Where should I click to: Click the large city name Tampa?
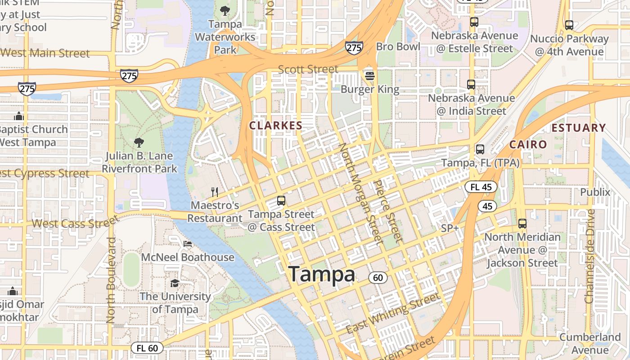point(321,274)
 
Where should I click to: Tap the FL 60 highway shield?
point(147,348)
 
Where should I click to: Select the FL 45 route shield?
point(481,187)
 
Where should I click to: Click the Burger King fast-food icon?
point(370,76)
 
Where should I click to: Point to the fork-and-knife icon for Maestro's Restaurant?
point(215,192)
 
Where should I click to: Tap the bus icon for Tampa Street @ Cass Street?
point(281,201)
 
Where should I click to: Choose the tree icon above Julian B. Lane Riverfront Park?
point(139,143)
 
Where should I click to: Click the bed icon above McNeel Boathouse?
point(188,244)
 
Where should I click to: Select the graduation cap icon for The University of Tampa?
point(175,283)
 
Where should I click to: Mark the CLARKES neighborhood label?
point(276,126)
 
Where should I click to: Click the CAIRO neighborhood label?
point(528,144)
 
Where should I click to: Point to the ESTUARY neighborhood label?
point(579,128)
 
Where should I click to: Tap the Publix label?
point(595,192)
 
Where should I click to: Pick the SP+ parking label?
point(450,228)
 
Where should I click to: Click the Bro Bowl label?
point(398,46)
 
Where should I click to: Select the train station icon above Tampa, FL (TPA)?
point(480,149)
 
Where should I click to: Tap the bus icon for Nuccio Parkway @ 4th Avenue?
point(569,25)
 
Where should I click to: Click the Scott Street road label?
point(308,69)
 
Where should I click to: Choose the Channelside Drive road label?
point(590,255)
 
